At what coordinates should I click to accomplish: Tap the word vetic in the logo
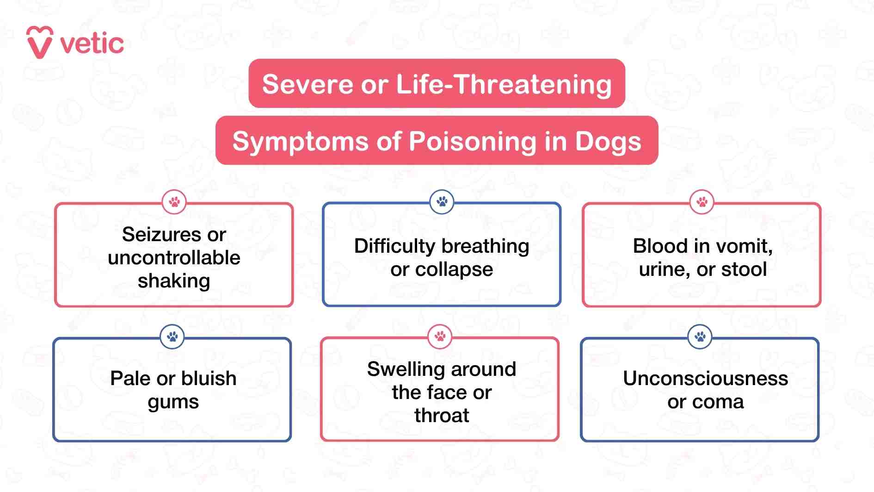92,44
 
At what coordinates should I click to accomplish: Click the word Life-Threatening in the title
504,85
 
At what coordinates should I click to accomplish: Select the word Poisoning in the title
472,142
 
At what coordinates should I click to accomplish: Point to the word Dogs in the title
608,142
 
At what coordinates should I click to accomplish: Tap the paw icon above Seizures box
174,202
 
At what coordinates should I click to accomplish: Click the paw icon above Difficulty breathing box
442,202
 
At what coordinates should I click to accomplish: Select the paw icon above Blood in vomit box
702,202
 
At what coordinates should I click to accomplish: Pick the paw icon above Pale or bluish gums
172,336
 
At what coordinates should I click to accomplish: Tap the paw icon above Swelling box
440,336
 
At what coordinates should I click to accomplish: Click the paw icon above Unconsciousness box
700,336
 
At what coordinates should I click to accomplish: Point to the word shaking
174,281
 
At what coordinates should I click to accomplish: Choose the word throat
442,416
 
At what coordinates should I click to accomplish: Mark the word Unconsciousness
705,379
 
